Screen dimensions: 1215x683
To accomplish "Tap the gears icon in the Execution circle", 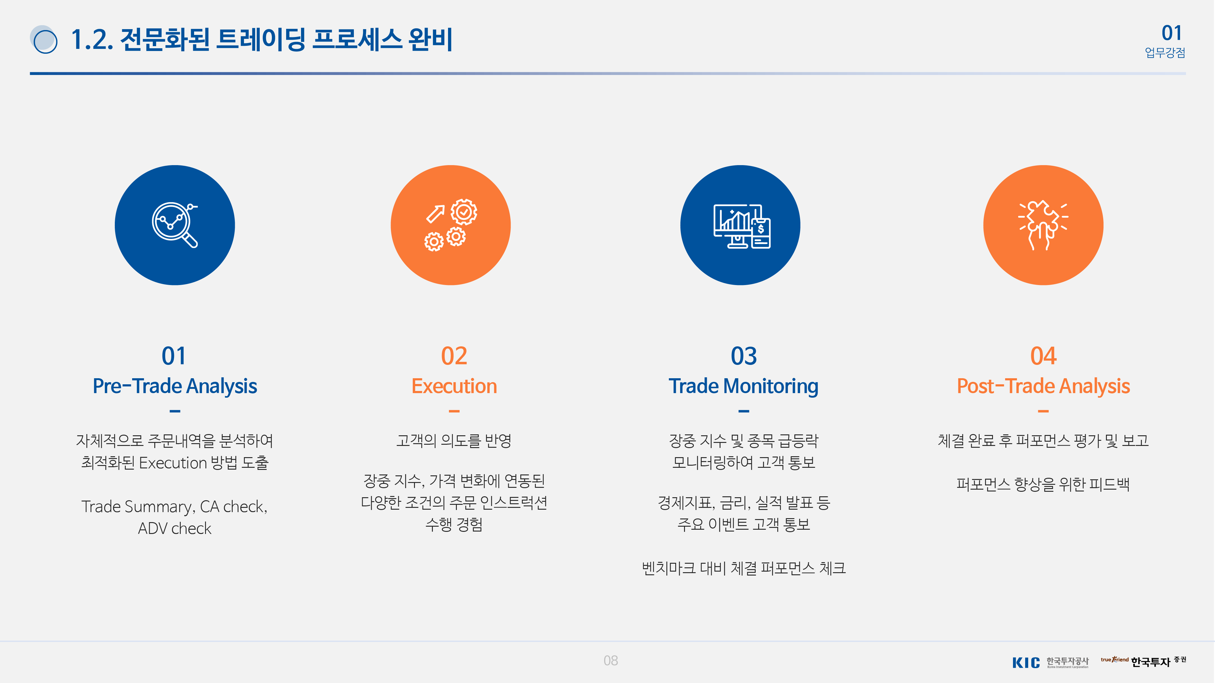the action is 450,225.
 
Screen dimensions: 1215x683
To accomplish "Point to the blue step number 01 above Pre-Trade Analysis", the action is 174,356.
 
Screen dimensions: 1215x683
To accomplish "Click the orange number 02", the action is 454,356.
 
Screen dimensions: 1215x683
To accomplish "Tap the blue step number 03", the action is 744,356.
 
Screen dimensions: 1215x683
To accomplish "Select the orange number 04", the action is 1043,356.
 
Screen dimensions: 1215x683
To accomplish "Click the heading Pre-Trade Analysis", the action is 175,386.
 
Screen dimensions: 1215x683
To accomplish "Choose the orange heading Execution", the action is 454,386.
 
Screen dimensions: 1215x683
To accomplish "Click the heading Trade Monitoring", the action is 744,386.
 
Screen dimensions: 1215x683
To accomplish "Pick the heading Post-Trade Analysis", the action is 1043,386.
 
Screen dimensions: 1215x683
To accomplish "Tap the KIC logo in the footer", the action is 1026,663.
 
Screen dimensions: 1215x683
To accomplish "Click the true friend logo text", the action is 1114,659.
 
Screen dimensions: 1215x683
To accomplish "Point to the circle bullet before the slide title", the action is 44,39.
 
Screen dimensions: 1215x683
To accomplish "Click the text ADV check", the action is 175,528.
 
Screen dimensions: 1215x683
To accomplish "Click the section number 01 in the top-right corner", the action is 1172,33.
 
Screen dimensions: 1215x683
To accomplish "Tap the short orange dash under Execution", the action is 454,412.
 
